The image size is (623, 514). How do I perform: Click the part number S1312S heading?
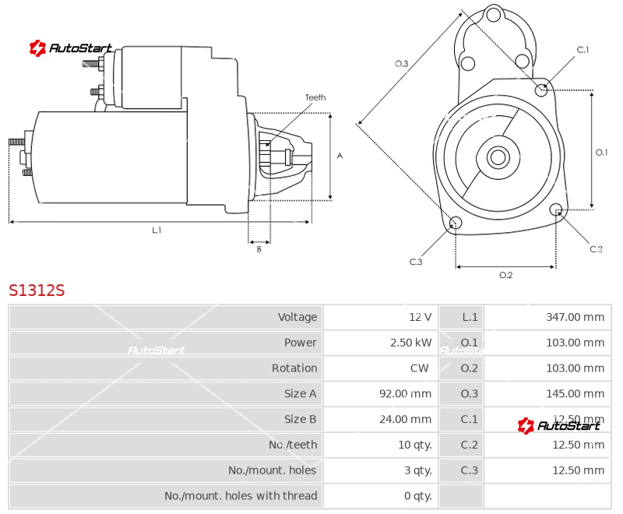pyautogui.click(x=37, y=290)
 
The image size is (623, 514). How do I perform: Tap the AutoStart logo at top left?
pyautogui.click(x=71, y=48)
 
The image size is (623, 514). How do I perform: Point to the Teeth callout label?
pyautogui.click(x=315, y=97)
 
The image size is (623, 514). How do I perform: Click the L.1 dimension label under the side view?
pyautogui.click(x=157, y=230)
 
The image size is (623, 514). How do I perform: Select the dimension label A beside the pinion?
pyautogui.click(x=340, y=156)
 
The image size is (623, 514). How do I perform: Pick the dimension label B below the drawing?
pyautogui.click(x=259, y=249)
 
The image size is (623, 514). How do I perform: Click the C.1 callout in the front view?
pyautogui.click(x=583, y=51)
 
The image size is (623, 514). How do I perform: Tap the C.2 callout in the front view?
pyautogui.click(x=596, y=249)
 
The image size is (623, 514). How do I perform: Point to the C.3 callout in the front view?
pyautogui.click(x=416, y=262)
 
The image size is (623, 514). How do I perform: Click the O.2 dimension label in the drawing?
pyautogui.click(x=505, y=275)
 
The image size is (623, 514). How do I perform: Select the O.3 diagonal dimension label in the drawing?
pyautogui.click(x=402, y=64)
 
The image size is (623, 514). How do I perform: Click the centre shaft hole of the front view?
pyautogui.click(x=498, y=157)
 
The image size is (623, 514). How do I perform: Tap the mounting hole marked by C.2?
pyautogui.click(x=556, y=209)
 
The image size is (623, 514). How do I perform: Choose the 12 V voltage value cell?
pyautogui.click(x=420, y=317)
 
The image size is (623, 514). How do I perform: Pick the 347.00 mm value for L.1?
pyautogui.click(x=575, y=317)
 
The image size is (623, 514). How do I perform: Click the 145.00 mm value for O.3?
pyautogui.click(x=575, y=394)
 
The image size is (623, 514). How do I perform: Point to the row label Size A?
pyautogui.click(x=300, y=394)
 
